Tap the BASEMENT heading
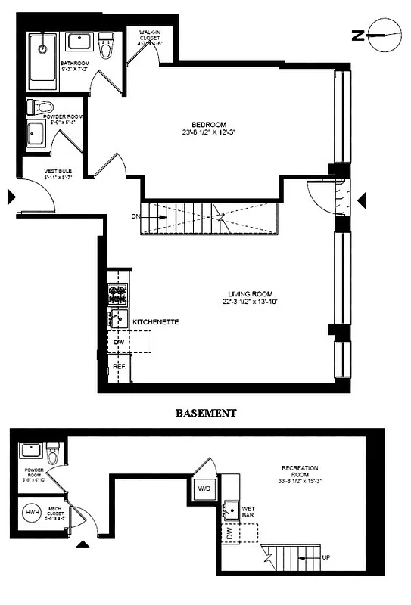pos(206,414)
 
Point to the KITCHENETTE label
pos(155,322)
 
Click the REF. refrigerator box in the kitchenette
pos(119,366)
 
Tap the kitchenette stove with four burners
pos(118,293)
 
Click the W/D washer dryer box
pos(204,488)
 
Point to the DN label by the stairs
pos(136,216)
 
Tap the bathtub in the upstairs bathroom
pos(43,57)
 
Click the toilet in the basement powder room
pos(53,455)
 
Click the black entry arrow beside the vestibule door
pos(11,197)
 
